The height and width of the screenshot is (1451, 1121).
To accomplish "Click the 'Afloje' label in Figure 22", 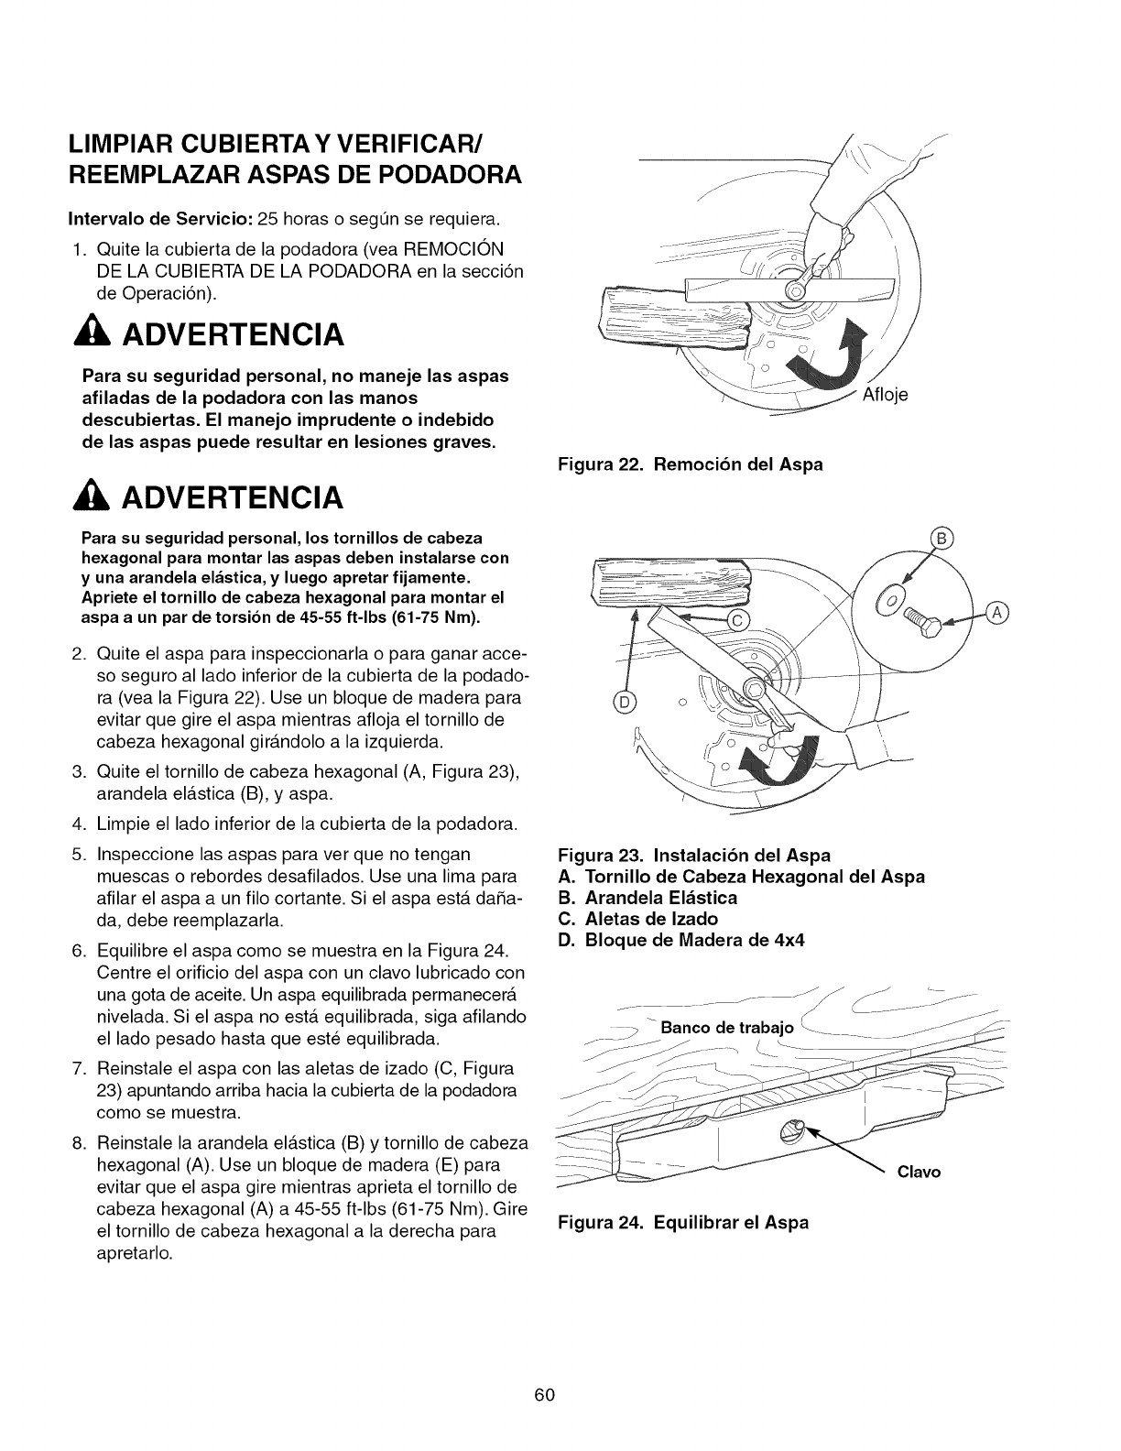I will [x=886, y=397].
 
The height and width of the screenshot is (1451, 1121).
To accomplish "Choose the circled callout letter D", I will [x=626, y=703].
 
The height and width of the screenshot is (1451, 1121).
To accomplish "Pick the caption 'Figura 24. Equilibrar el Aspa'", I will [x=683, y=1223].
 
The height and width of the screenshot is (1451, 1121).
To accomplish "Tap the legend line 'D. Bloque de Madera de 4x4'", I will [x=681, y=940].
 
